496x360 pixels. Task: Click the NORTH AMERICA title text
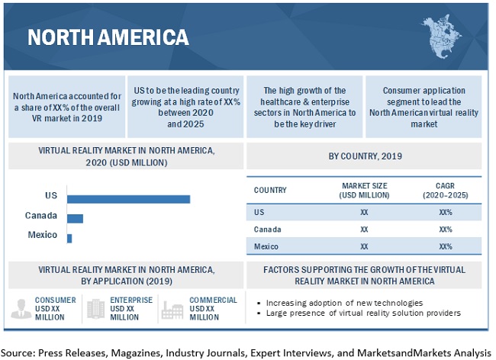108,37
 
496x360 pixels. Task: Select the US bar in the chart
128,198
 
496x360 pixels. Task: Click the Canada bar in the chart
75,218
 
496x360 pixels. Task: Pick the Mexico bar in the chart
69,238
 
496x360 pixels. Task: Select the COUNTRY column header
270,190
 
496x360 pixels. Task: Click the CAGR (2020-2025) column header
446,190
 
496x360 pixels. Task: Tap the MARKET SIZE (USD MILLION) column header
364,190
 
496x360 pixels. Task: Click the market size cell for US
364,211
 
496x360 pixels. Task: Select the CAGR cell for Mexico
446,246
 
